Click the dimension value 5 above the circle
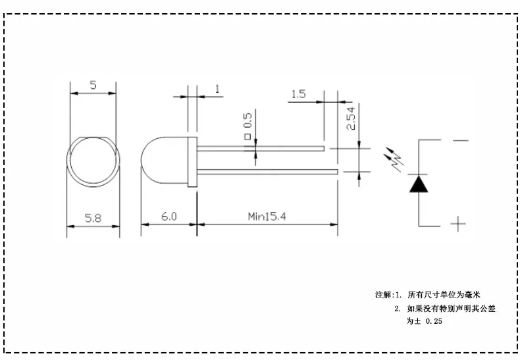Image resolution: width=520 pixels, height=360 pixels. tap(93, 85)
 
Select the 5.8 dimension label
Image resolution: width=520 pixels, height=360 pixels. tap(93, 218)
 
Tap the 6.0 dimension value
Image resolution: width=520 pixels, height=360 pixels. tap(169, 217)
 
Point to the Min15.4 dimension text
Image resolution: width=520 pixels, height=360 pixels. tap(267, 217)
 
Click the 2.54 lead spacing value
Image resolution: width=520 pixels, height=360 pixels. tap(351, 118)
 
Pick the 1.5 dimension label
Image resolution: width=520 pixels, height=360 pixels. tap(298, 94)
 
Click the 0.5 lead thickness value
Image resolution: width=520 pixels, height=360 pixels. tap(247, 120)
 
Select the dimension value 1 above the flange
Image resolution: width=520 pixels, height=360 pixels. tap(217, 89)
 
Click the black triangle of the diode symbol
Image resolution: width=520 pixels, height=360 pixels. tap(419, 184)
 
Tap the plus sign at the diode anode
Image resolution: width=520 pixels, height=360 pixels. tap(458, 224)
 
